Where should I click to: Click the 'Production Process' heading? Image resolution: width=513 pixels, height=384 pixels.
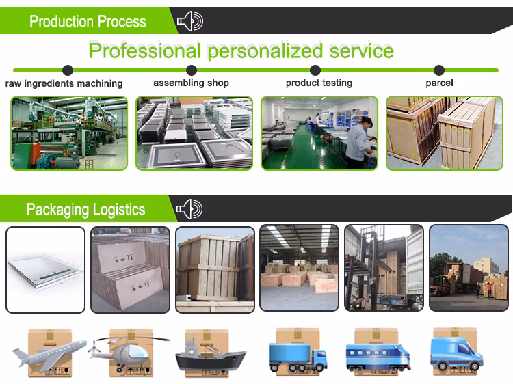(88, 21)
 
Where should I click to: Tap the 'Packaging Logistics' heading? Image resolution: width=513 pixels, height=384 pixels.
(85, 209)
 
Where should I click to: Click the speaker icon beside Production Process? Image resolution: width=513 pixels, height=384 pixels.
(189, 22)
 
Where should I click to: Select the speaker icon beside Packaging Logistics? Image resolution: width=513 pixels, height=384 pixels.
(189, 209)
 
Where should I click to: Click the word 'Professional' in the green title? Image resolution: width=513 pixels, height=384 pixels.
(144, 51)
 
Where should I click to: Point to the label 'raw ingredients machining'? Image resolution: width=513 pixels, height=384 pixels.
(64, 83)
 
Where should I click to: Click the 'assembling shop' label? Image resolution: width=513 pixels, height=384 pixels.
(191, 83)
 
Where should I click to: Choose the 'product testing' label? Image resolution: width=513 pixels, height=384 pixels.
(319, 83)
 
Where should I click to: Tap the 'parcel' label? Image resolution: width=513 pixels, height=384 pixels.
(439, 83)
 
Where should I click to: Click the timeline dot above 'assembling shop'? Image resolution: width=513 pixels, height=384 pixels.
(192, 70)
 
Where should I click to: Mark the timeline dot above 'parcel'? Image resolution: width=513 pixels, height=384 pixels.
(439, 70)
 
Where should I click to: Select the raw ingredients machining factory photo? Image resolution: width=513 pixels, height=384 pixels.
(69, 133)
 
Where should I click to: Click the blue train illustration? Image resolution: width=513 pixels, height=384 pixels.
(378, 355)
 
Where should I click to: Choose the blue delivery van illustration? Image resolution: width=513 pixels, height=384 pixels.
(455, 353)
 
